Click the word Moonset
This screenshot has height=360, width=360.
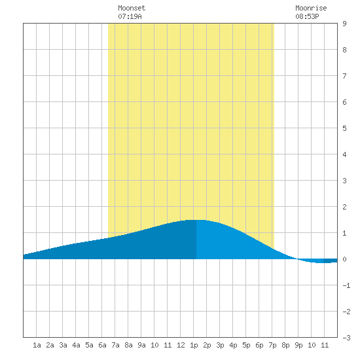(x=132, y=8)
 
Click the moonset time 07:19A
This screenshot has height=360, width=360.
(x=130, y=16)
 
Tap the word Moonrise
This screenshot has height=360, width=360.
(x=311, y=8)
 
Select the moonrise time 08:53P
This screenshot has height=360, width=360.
(x=307, y=16)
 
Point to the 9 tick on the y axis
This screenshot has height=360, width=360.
(x=344, y=24)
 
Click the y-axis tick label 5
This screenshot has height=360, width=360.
(x=344, y=128)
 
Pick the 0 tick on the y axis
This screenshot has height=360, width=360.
(x=344, y=259)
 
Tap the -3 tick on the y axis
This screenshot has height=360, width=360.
(x=346, y=338)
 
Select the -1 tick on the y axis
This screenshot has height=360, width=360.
(x=346, y=285)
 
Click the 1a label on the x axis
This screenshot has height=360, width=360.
(x=37, y=345)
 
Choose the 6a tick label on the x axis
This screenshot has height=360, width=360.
(x=102, y=345)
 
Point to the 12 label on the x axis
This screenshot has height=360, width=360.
(x=181, y=345)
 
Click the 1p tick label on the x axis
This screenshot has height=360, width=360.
(x=194, y=345)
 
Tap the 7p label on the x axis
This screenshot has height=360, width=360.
(x=272, y=345)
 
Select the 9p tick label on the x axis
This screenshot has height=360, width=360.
(x=298, y=345)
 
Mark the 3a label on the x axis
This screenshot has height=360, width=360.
(x=63, y=345)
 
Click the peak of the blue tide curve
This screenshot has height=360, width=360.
(x=196, y=220)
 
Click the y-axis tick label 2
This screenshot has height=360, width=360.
(x=344, y=207)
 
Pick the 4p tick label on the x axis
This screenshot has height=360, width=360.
(x=233, y=345)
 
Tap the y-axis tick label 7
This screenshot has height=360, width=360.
(x=344, y=76)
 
